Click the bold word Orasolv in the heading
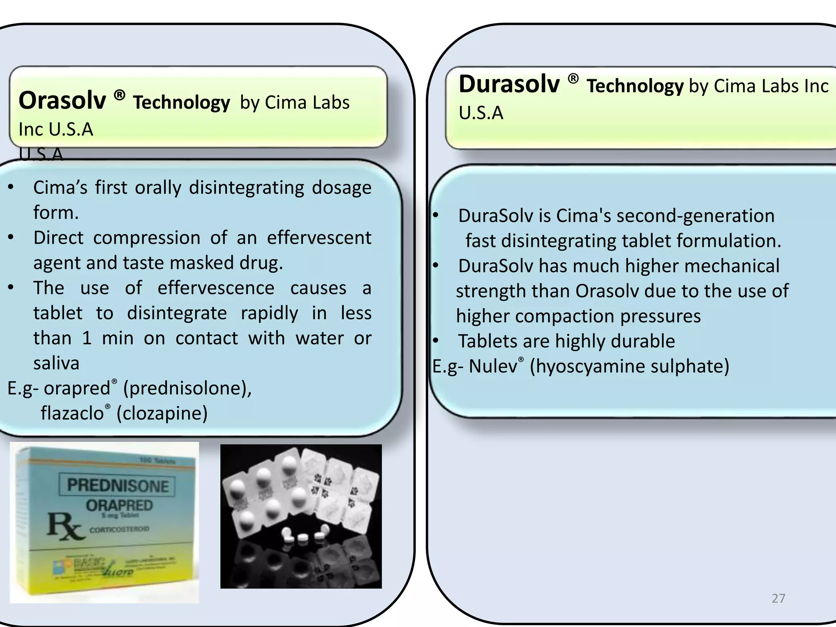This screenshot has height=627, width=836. [x=62, y=100]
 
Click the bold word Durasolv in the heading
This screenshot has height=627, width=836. [x=509, y=84]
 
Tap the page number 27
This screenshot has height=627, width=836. [x=778, y=598]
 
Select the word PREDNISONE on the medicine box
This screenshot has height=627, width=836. [x=118, y=485]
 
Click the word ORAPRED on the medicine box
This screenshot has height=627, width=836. [x=119, y=505]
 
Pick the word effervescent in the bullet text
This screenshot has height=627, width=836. [x=319, y=238]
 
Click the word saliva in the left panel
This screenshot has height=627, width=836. [x=56, y=363]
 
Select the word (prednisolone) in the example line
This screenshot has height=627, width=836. [x=187, y=388]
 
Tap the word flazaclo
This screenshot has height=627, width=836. [x=72, y=413]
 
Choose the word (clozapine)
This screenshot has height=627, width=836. [x=162, y=413]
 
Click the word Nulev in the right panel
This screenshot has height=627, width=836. [x=493, y=366]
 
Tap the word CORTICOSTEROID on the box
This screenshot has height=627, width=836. [x=120, y=529]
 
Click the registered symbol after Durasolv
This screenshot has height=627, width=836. [x=573, y=78]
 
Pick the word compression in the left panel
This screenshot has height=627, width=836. [x=147, y=238]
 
